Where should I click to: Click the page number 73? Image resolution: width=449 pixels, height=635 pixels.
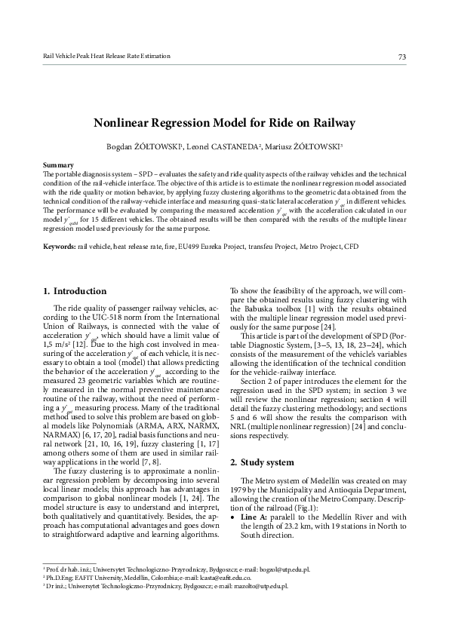[x=401, y=57]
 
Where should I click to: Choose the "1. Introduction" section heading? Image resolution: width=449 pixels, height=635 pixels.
[x=75, y=291]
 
